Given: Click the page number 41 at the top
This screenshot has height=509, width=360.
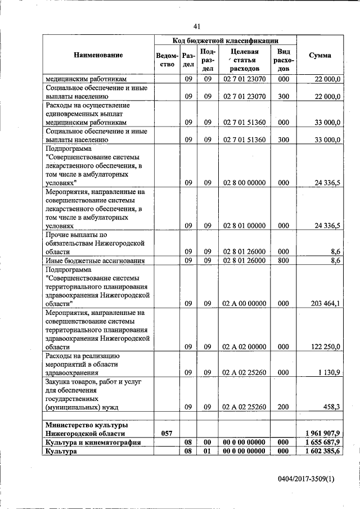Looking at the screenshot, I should (x=196, y=26).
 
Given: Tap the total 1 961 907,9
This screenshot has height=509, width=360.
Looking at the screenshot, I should (x=322, y=434).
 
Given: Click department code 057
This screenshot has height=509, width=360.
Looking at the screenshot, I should (x=166, y=434).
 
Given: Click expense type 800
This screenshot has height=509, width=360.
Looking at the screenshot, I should (x=283, y=260).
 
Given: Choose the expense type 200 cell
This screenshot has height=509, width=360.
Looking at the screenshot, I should (x=283, y=406).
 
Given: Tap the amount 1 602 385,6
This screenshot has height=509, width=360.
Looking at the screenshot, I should (x=322, y=452).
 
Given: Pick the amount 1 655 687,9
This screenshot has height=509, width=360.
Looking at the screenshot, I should (x=322, y=443).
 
